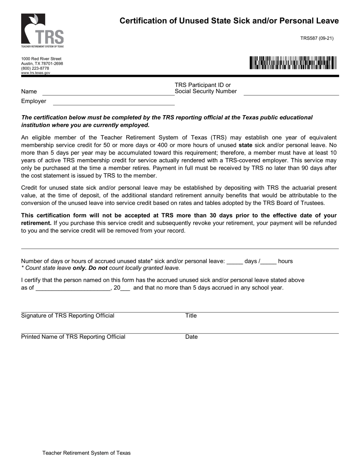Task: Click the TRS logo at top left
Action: (42, 31)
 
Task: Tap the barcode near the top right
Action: (293, 63)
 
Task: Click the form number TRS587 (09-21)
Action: (317, 38)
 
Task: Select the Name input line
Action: (108, 92)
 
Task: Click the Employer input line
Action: (114, 102)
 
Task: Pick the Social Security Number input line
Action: (291, 92)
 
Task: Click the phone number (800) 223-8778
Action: (35, 68)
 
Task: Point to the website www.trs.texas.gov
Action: (36, 73)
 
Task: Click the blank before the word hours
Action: (268, 262)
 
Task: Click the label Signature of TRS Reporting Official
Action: (67, 316)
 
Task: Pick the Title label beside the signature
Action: (191, 316)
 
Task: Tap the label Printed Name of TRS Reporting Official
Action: (73, 337)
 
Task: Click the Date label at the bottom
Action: (191, 337)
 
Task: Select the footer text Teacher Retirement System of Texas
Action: (86, 453)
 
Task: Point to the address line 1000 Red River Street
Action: (41, 59)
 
